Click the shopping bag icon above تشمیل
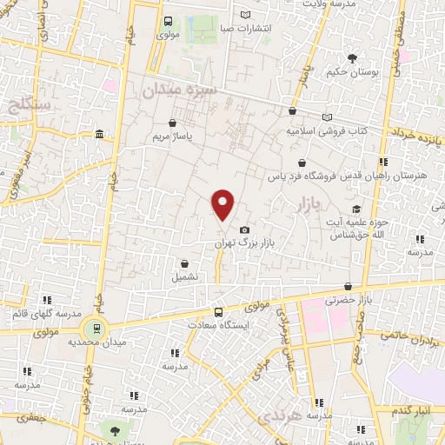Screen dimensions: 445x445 [184, 263]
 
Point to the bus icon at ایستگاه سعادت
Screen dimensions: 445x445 [218, 312]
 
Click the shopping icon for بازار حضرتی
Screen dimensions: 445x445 [348, 285]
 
